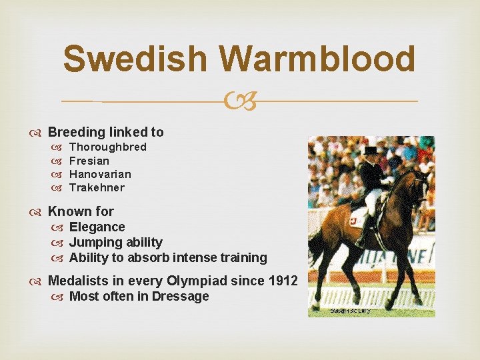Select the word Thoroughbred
(x=108, y=147)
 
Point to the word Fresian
(x=89, y=161)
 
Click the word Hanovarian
(x=100, y=174)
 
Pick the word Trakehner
(x=97, y=187)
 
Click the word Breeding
(x=75, y=132)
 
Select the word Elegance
(x=97, y=227)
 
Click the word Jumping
(x=94, y=242)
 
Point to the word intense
(x=193, y=257)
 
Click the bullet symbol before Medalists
(x=38, y=281)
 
